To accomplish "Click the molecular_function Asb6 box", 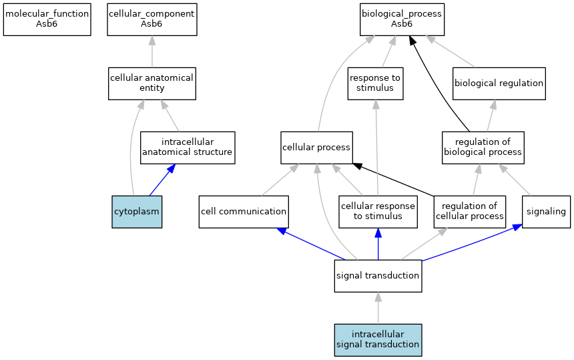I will click(x=47, y=18).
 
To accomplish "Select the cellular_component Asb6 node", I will click(x=152, y=18).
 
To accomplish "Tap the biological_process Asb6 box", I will click(x=402, y=18).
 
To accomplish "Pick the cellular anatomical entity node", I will click(x=152, y=83).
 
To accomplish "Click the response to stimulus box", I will click(x=376, y=83).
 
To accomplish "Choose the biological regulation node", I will click(x=499, y=83).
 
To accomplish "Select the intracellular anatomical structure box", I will click(x=188, y=148).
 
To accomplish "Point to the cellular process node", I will click(x=316, y=148).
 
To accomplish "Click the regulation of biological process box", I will click(x=483, y=148).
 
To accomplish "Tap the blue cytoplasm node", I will click(x=137, y=212).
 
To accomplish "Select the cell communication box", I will click(x=244, y=212).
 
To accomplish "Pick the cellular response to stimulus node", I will click(x=378, y=212).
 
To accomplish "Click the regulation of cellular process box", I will click(x=470, y=212).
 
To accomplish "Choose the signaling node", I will click(x=546, y=212).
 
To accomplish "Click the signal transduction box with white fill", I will click(x=378, y=276).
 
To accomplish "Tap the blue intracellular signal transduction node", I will click(x=378, y=339).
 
